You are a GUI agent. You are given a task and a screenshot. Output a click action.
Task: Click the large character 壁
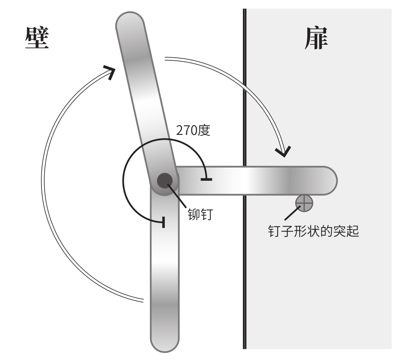tap(37, 38)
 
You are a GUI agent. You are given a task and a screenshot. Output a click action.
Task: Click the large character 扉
tap(315, 38)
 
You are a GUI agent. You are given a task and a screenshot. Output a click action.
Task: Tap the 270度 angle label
tap(193, 130)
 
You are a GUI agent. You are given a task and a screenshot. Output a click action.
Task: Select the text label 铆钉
tap(200, 213)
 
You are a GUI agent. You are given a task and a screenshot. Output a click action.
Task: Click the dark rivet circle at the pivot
tap(165, 180)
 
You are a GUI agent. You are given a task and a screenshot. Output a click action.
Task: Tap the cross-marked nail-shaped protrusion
tap(304, 203)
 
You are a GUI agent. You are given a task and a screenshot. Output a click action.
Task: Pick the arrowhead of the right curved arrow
tap(283, 151)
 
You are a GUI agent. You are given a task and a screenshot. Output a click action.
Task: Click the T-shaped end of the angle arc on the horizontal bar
tap(206, 178)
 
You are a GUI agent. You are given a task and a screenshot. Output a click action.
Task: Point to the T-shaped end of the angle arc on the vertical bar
tap(163, 221)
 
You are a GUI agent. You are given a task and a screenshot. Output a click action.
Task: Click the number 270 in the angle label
tap(186, 130)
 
